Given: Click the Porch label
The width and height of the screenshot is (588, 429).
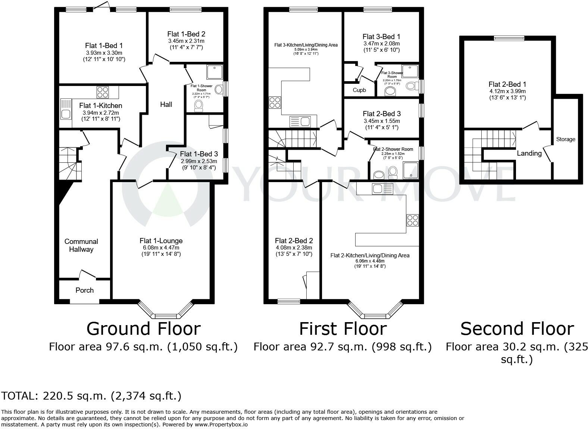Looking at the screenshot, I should [84, 290].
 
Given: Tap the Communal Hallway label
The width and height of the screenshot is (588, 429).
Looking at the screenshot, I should [81, 245].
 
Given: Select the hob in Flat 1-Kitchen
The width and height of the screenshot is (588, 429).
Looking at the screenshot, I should [102, 92].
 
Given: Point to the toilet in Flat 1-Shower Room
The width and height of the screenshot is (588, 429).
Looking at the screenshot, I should [198, 106].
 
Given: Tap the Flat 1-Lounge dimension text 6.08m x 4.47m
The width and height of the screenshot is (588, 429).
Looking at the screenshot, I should [161, 248].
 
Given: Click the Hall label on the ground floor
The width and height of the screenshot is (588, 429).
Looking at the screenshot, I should [166, 104].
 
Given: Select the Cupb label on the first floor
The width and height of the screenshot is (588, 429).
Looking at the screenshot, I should [359, 90].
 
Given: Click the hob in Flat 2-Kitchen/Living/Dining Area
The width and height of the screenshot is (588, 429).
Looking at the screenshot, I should [412, 220].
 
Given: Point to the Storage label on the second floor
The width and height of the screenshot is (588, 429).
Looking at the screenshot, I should [566, 139].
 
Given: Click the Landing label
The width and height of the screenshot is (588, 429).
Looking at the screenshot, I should [529, 153].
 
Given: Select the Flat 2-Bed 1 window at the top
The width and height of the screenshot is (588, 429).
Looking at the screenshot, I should [509, 38].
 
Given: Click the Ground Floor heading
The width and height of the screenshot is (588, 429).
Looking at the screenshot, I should [143, 328].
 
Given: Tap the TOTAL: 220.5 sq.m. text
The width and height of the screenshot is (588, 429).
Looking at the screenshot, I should [91, 395].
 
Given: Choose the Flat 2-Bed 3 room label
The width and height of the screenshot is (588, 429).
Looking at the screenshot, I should [382, 114].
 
